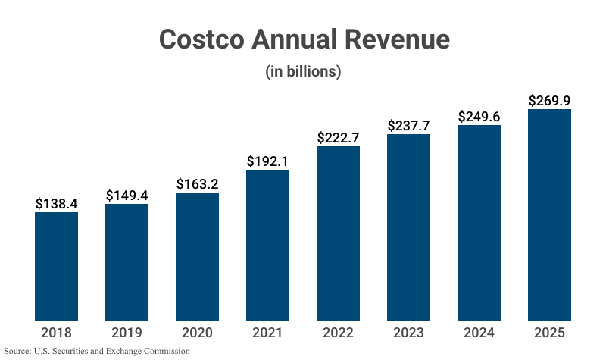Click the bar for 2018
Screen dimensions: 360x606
[57, 266]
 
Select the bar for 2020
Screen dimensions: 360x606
[198, 256]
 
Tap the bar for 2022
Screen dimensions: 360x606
[339, 233]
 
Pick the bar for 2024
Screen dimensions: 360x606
[479, 223]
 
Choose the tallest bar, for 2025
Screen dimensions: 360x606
[549, 214]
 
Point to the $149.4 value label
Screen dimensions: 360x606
[127, 196]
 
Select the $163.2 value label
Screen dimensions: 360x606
[198, 184]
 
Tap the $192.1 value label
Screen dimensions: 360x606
[268, 161]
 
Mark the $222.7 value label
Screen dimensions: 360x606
[339, 138]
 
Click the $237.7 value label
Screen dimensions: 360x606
[409, 126]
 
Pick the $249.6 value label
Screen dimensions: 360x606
[479, 117]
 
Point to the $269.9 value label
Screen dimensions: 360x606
[549, 101]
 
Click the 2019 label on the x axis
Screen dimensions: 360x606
[127, 333]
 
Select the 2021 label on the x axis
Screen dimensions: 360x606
[268, 333]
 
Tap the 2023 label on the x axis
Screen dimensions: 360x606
[409, 333]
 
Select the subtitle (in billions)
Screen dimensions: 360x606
[303, 72]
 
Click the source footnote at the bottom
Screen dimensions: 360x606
[97, 352]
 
